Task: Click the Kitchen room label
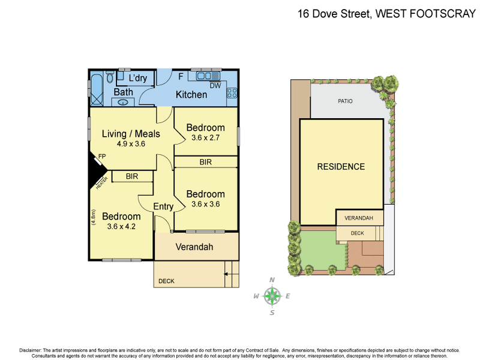[x=191, y=95]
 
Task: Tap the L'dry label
[x=137, y=78]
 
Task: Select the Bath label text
[x=123, y=92]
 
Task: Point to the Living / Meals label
[x=131, y=134]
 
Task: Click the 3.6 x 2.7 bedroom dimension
[x=205, y=137]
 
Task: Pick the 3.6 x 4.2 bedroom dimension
[x=121, y=226]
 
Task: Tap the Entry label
[x=163, y=206]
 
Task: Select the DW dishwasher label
[x=215, y=86]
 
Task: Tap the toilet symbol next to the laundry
[x=110, y=77]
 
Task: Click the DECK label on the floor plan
[x=166, y=281]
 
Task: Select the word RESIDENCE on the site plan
[x=341, y=167]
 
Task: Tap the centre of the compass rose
[x=273, y=295]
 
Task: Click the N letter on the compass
[x=272, y=280]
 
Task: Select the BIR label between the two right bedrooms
[x=205, y=162]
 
